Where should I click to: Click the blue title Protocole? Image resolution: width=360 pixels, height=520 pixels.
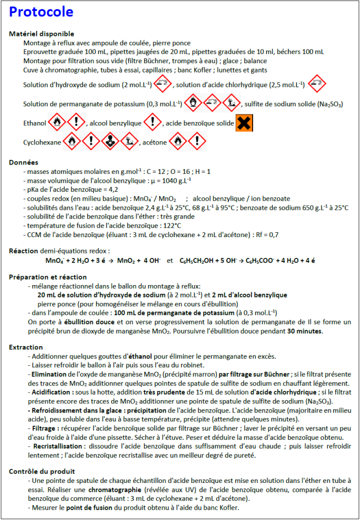pyautogui.click(x=41, y=13)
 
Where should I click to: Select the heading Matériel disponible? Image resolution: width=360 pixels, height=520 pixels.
pyautogui.click(x=41, y=34)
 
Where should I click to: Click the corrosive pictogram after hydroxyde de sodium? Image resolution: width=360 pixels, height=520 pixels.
pyautogui.click(x=162, y=83)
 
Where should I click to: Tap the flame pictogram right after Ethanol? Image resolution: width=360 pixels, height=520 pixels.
pyautogui.click(x=58, y=123)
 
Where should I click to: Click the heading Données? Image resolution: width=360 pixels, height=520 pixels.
pyautogui.click(x=24, y=162)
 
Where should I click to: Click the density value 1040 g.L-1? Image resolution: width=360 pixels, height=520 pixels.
pyautogui.click(x=171, y=180)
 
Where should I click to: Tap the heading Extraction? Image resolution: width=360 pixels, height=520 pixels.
pyautogui.click(x=26, y=347)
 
